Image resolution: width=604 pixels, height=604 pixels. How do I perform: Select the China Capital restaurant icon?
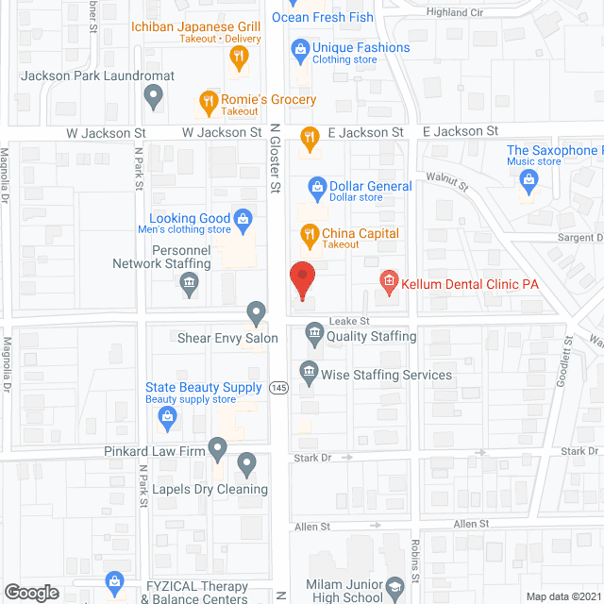(308, 234)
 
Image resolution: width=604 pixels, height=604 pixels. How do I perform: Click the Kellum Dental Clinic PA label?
(455, 280)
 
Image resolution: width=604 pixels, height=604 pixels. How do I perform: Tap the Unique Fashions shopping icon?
(300, 48)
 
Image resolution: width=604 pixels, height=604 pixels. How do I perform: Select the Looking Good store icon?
(243, 220)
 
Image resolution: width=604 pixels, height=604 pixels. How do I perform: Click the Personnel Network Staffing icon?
(189, 284)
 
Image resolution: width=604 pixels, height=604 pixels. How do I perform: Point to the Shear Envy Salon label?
(227, 338)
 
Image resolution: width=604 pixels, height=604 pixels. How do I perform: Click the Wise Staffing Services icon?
(308, 375)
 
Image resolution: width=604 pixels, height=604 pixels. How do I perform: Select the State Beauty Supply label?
(204, 388)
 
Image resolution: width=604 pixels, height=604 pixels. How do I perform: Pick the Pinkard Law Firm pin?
(217, 446)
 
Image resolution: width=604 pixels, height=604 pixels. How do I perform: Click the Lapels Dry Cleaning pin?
(247, 463)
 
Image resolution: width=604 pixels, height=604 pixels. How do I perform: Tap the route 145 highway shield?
(278, 389)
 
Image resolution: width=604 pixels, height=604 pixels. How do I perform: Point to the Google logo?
(30, 592)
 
